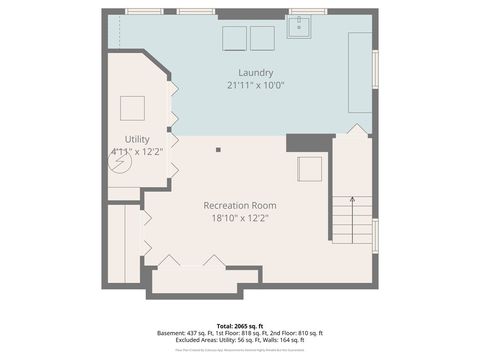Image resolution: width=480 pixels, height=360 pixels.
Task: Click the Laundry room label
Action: (x=256, y=72)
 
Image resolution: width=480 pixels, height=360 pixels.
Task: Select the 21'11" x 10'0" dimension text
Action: (x=256, y=85)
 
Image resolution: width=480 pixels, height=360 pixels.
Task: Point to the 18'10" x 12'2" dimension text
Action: (x=240, y=217)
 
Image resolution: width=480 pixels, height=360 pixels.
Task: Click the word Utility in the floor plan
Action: (x=136, y=138)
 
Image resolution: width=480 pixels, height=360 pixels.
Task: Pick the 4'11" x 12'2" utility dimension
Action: (x=136, y=151)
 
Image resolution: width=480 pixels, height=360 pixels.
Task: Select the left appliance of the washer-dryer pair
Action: (x=234, y=37)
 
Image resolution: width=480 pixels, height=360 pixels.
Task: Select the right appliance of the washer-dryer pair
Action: (x=262, y=37)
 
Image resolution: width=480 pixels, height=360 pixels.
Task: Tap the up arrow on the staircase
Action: (x=352, y=203)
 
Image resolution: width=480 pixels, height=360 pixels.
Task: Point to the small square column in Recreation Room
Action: (x=218, y=150)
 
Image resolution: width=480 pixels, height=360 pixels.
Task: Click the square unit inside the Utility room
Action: (x=133, y=107)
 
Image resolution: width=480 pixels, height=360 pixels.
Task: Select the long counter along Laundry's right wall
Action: (x=358, y=72)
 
